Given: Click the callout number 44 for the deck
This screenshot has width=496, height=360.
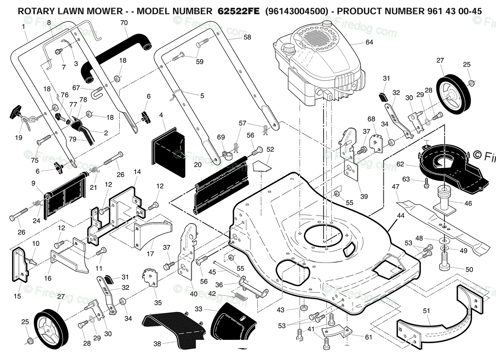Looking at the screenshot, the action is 401,216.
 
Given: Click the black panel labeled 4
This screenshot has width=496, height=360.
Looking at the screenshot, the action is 168,147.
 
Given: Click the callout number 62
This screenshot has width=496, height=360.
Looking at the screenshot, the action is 400,164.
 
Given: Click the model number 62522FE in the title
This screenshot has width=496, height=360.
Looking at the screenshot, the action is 238,11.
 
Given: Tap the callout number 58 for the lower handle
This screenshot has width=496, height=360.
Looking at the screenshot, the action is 247,37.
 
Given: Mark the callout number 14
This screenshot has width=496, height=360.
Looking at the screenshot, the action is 137,172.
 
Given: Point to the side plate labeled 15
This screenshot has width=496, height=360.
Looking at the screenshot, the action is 20,264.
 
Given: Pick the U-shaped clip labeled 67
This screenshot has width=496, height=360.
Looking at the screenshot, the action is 96,92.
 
